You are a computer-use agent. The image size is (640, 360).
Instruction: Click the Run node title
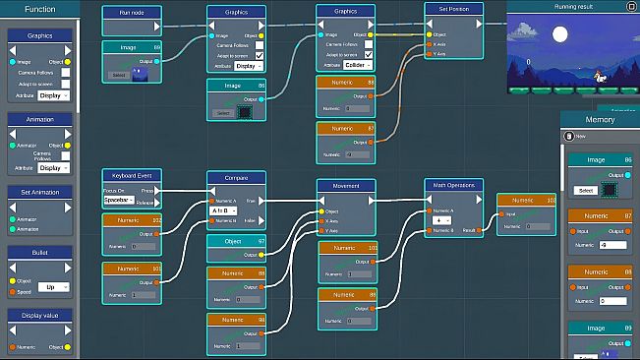pos(132,14)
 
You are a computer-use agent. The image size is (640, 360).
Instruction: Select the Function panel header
pos(40,9)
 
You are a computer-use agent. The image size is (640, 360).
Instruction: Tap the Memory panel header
pos(600,119)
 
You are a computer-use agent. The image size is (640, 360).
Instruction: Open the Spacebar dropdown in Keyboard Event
pos(119,200)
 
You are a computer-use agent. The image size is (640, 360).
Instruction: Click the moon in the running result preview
pos(561,36)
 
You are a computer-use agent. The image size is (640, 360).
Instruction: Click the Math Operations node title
pos(454,185)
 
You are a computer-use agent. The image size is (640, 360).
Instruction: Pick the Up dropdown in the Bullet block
pos(55,287)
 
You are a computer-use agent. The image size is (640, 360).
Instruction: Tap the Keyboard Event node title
pos(132,175)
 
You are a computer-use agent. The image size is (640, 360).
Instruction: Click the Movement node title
pos(346,185)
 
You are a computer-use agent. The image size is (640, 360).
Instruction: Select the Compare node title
pos(236,178)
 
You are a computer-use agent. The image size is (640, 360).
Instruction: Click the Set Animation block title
pos(40,192)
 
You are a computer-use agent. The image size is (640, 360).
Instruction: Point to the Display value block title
pos(40,316)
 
